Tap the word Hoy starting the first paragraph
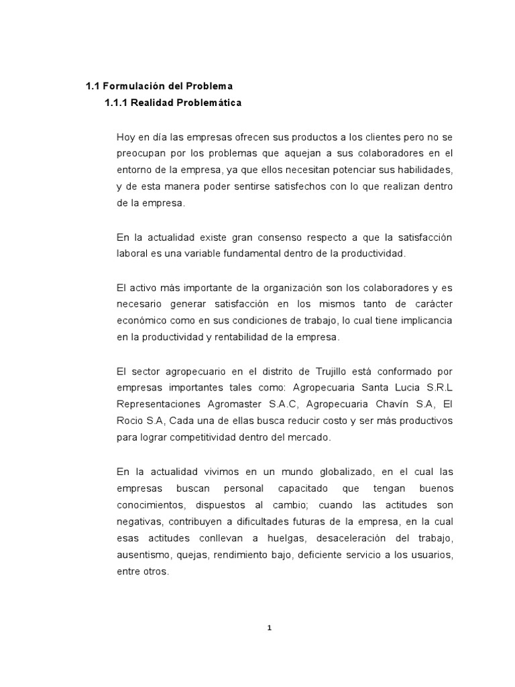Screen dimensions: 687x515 (x=126, y=137)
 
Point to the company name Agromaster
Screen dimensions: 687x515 (x=228, y=404)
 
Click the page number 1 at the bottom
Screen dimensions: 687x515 (x=270, y=629)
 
